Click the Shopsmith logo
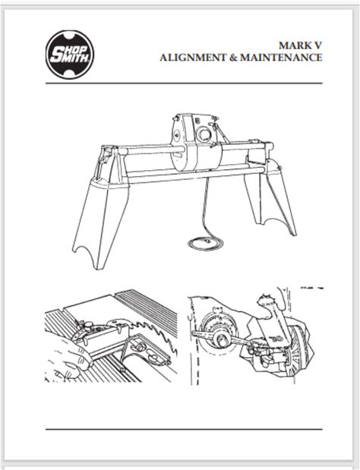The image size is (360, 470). (70, 54)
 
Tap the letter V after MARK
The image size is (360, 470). (317, 46)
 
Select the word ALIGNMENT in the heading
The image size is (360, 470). (193, 57)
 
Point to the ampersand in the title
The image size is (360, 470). (233, 57)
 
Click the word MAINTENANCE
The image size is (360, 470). (281, 57)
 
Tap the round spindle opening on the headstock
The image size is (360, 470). (204, 134)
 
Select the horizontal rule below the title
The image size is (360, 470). (184, 84)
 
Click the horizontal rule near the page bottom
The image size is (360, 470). (184, 429)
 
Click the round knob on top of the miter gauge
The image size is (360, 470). (88, 325)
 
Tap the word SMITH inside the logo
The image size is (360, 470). (68, 58)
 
